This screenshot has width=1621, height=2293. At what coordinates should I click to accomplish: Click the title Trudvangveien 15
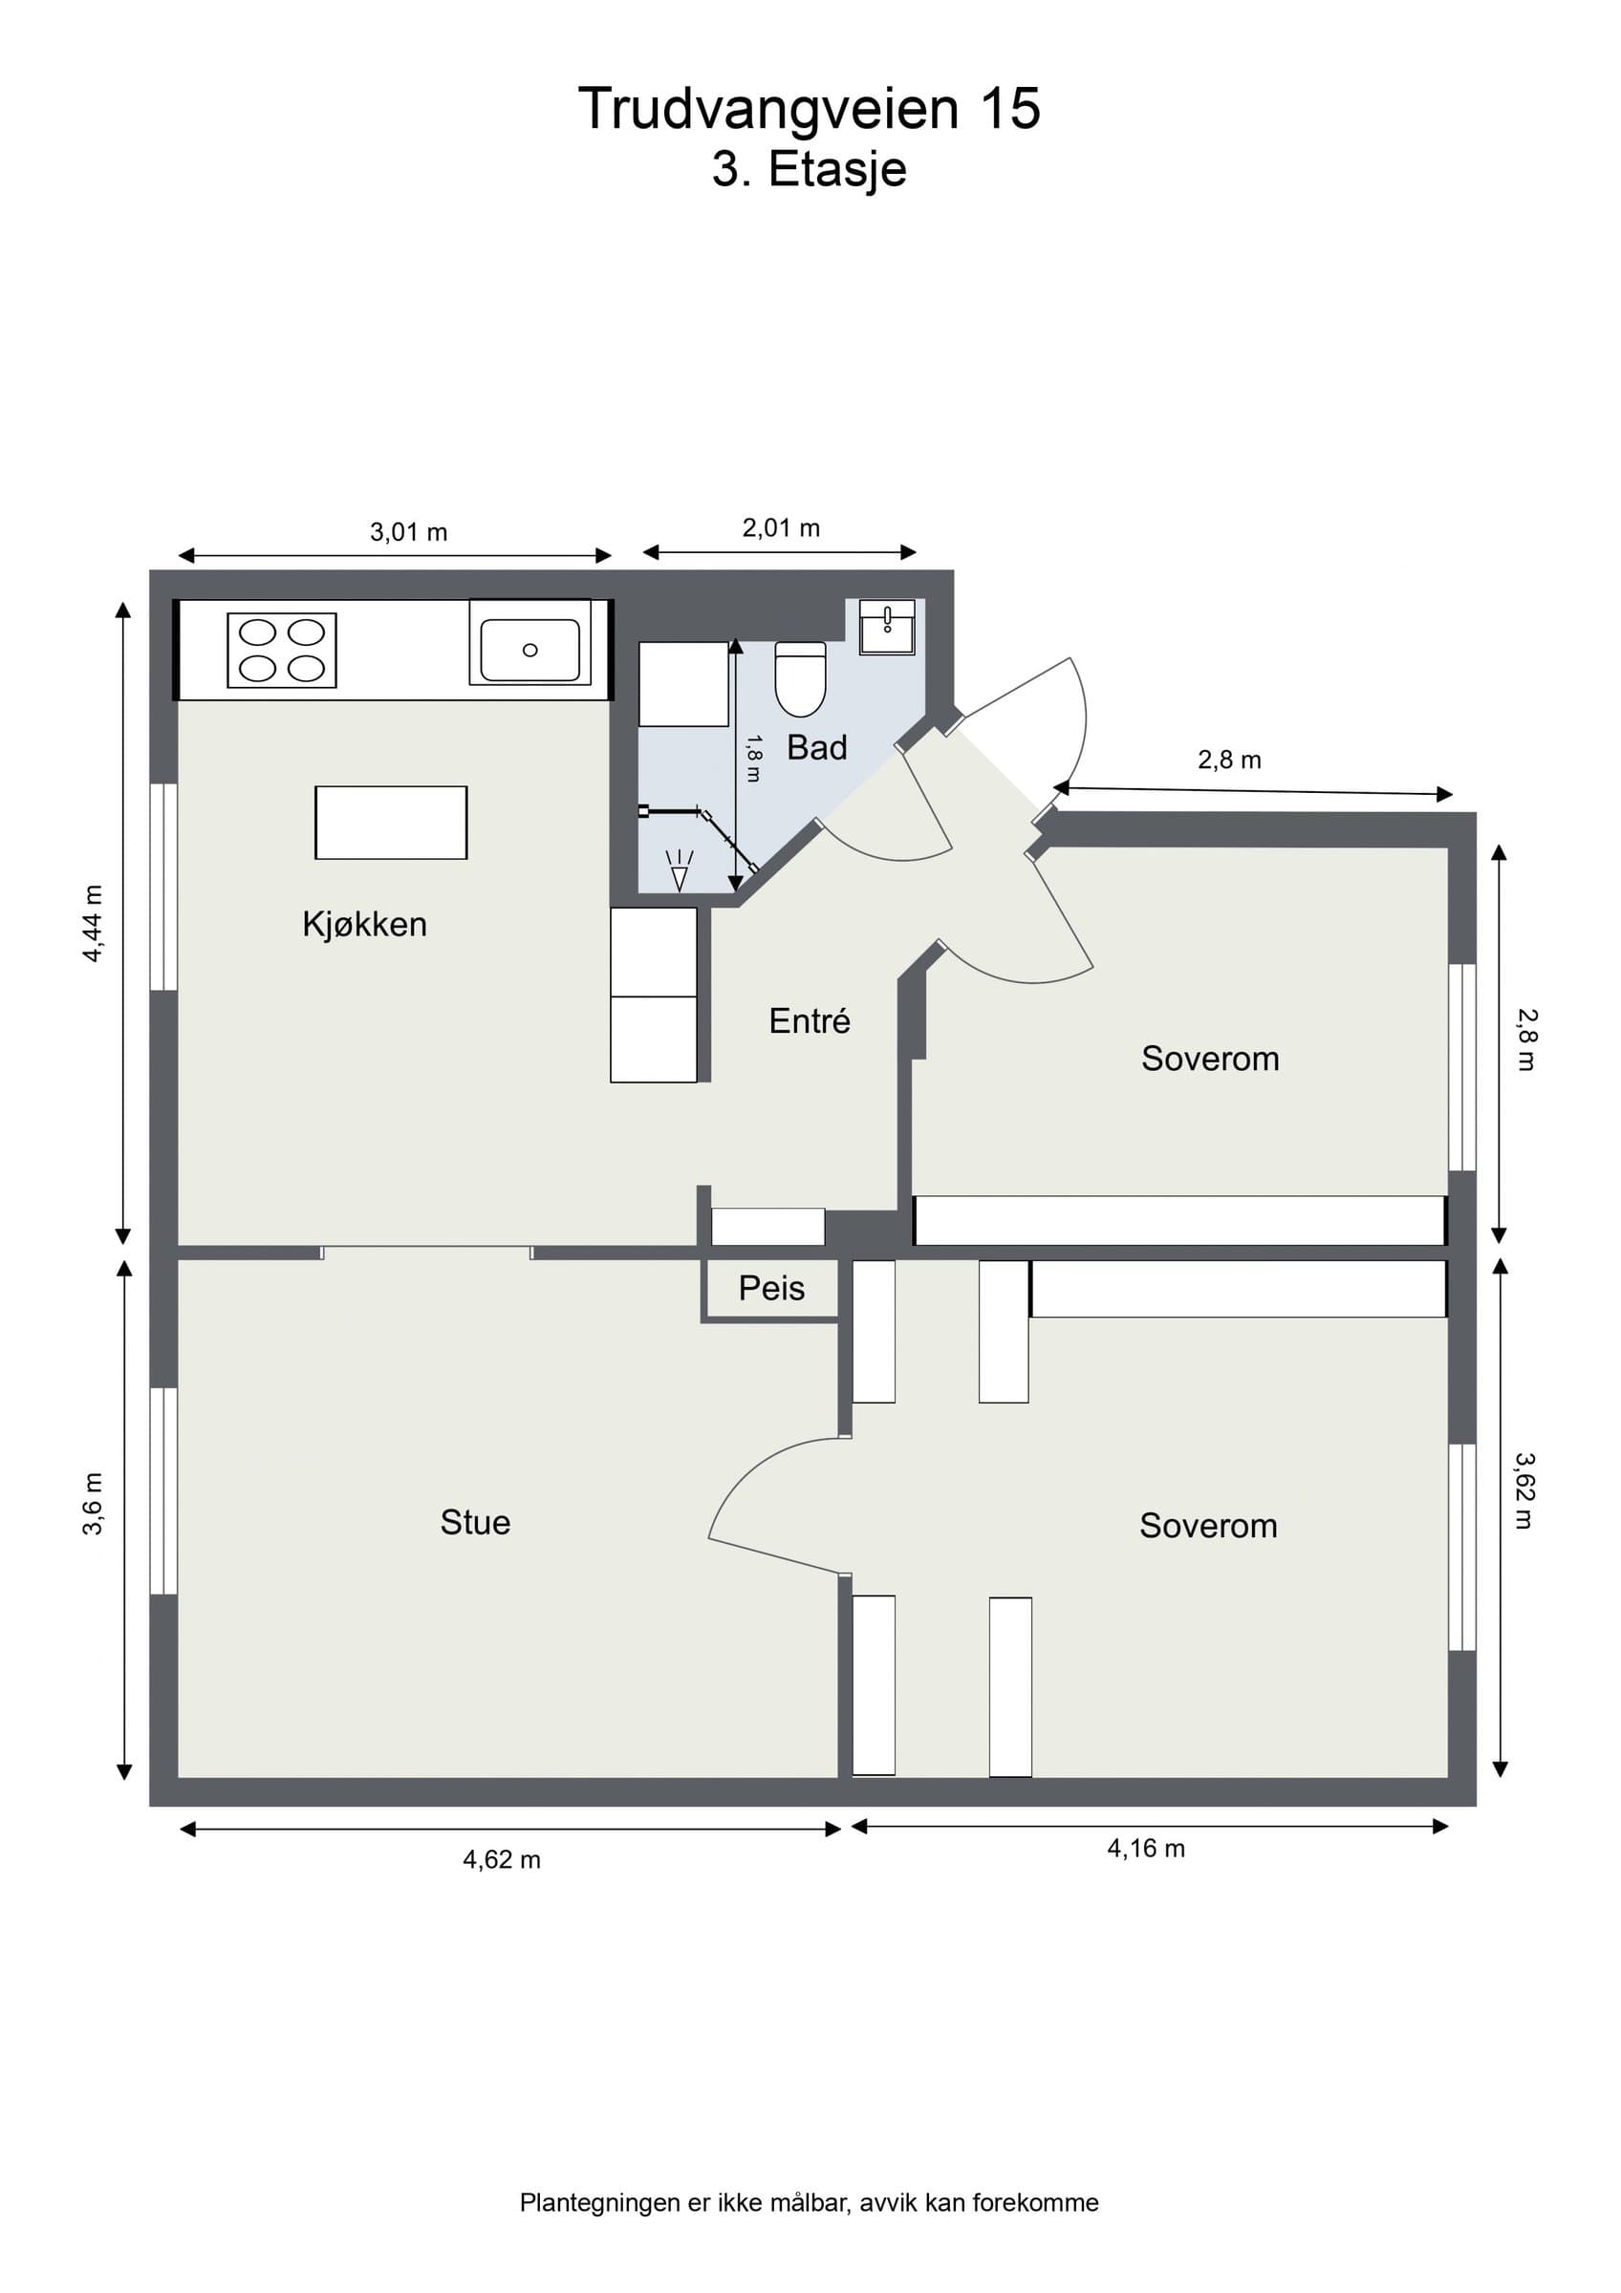[x=809, y=108]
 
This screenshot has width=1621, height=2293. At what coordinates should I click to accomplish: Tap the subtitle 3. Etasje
[x=809, y=169]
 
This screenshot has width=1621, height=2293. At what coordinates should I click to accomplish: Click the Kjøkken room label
[x=364, y=924]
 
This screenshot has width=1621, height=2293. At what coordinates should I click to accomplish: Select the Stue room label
[x=475, y=1522]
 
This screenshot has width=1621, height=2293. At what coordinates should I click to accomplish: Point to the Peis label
[x=772, y=1288]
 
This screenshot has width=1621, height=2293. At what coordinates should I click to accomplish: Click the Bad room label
[x=817, y=747]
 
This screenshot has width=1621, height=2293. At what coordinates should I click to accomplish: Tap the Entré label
[x=810, y=1020]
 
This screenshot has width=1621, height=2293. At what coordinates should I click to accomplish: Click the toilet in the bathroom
[x=801, y=679]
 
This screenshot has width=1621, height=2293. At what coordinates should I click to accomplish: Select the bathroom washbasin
[x=887, y=626]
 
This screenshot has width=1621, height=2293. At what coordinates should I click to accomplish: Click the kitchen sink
[x=530, y=649]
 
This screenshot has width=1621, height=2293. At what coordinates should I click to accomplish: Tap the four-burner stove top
[x=282, y=650]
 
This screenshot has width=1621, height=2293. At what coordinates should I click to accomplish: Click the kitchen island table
[x=392, y=822]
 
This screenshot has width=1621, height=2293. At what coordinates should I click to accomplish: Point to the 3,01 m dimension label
[x=408, y=532]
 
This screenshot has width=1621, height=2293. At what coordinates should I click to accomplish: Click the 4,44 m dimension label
[x=92, y=924]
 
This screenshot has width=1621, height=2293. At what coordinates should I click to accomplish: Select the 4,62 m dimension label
[x=502, y=1859]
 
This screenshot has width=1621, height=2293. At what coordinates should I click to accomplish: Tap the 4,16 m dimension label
[x=1146, y=1849]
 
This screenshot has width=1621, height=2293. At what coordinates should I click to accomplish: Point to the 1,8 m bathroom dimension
[x=754, y=758]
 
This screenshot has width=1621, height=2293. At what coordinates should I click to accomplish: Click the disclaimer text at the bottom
[x=809, y=2202]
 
